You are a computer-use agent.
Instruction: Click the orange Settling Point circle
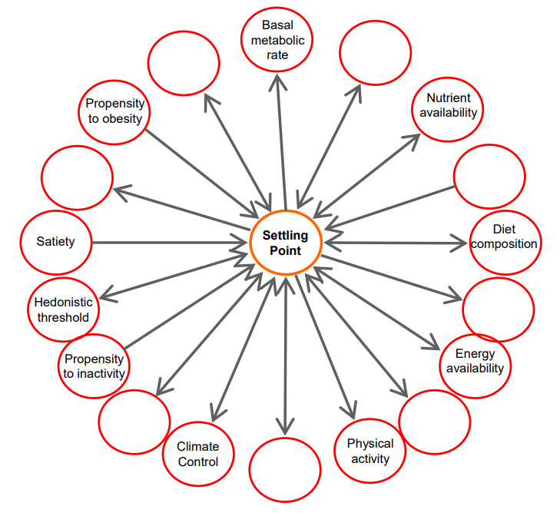tap(286, 210)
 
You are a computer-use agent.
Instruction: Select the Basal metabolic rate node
tap(277, 8)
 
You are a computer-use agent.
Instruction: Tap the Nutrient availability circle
tap(448, 78)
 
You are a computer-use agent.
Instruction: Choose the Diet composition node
tap(505, 211)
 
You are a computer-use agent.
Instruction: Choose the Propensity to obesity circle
tap(114, 81)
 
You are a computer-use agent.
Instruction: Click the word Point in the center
tap(285, 250)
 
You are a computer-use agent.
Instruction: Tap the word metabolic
tap(277, 41)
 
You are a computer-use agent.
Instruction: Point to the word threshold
tap(63, 317)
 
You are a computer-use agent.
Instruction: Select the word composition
tap(504, 244)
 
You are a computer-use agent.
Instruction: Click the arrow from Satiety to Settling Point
tap(170, 243)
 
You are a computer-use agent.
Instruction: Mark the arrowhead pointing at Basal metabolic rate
tap(277, 81)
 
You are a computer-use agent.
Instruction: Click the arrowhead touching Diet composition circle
tap(459, 243)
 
